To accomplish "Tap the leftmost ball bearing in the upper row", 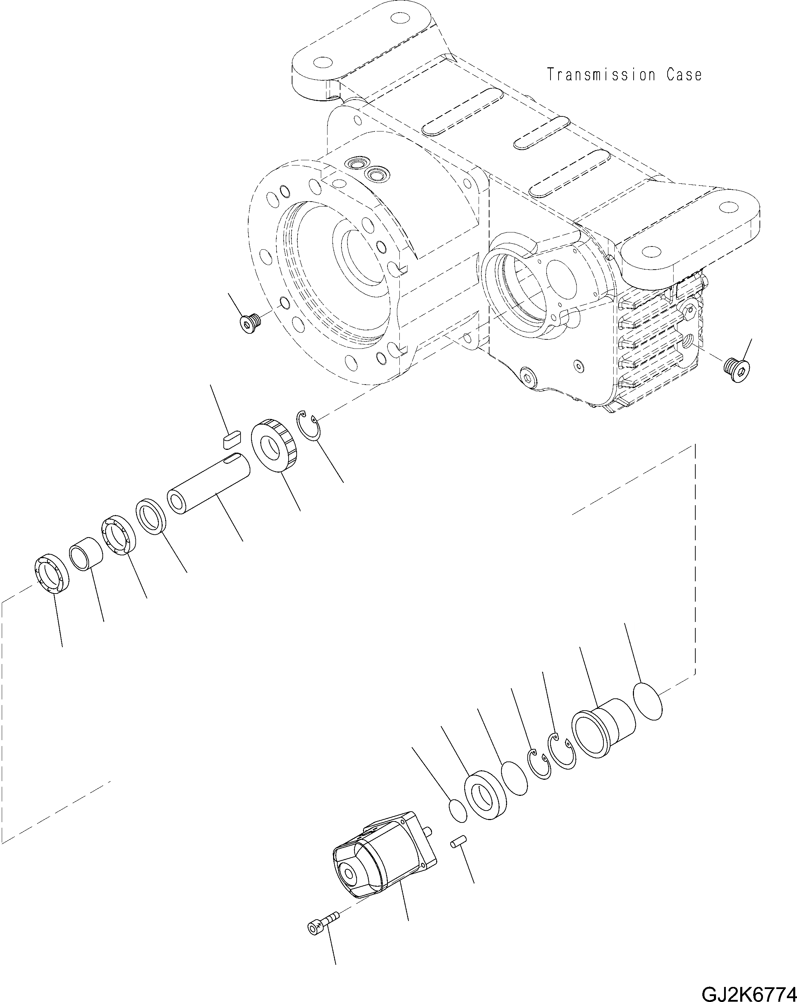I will pos(52,574).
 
